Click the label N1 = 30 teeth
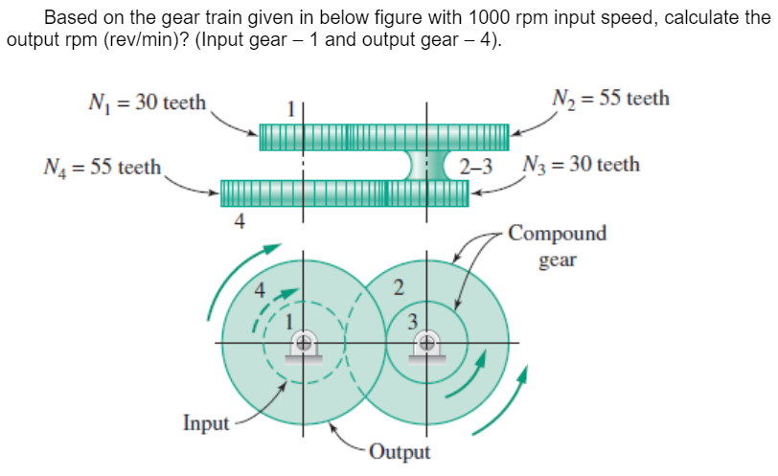[144, 102]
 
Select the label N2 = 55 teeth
[610, 99]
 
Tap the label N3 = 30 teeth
[582, 164]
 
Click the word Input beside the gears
[206, 422]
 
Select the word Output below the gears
[400, 451]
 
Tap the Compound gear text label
[557, 246]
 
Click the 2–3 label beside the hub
[476, 166]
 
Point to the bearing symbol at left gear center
[305, 344]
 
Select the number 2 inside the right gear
[400, 285]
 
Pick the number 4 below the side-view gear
[239, 222]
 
